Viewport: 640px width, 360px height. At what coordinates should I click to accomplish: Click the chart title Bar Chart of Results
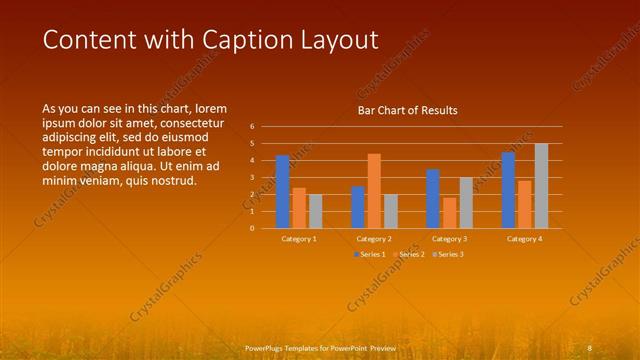(407, 110)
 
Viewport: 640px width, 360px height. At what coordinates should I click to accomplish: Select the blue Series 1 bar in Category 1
(283, 192)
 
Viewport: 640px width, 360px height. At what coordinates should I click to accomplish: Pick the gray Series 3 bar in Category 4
(541, 186)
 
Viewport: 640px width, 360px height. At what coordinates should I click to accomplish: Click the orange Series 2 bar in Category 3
(449, 213)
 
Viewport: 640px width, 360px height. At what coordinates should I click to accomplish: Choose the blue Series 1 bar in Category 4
(508, 190)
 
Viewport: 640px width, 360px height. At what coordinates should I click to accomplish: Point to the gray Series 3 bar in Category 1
(316, 211)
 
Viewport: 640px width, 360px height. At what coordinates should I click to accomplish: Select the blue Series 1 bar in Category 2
(358, 207)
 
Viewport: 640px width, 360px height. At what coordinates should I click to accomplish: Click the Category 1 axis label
(299, 239)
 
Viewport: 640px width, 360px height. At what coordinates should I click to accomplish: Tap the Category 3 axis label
(449, 239)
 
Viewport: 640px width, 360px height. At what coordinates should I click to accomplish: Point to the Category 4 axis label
(524, 239)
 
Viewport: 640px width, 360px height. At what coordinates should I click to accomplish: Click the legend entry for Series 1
(369, 254)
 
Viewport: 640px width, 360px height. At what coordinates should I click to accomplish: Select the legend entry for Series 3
(447, 254)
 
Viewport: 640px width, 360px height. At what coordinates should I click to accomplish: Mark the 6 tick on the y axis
(252, 127)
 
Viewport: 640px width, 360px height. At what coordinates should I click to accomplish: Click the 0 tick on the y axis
(252, 228)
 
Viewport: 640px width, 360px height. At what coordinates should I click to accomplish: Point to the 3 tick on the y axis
(252, 178)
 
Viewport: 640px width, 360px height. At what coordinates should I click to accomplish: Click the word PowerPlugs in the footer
(266, 348)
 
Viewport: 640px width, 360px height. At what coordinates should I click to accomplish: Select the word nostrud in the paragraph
(171, 181)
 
